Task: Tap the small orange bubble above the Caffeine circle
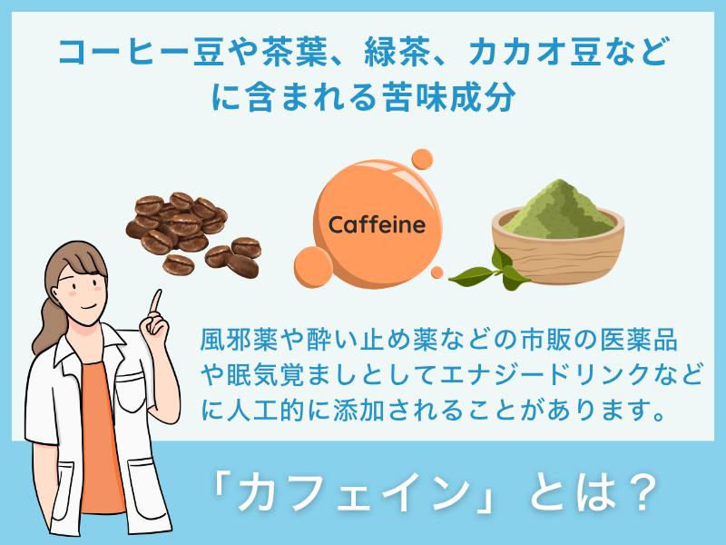coord(422,160)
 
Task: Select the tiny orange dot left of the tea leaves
coord(437,272)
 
